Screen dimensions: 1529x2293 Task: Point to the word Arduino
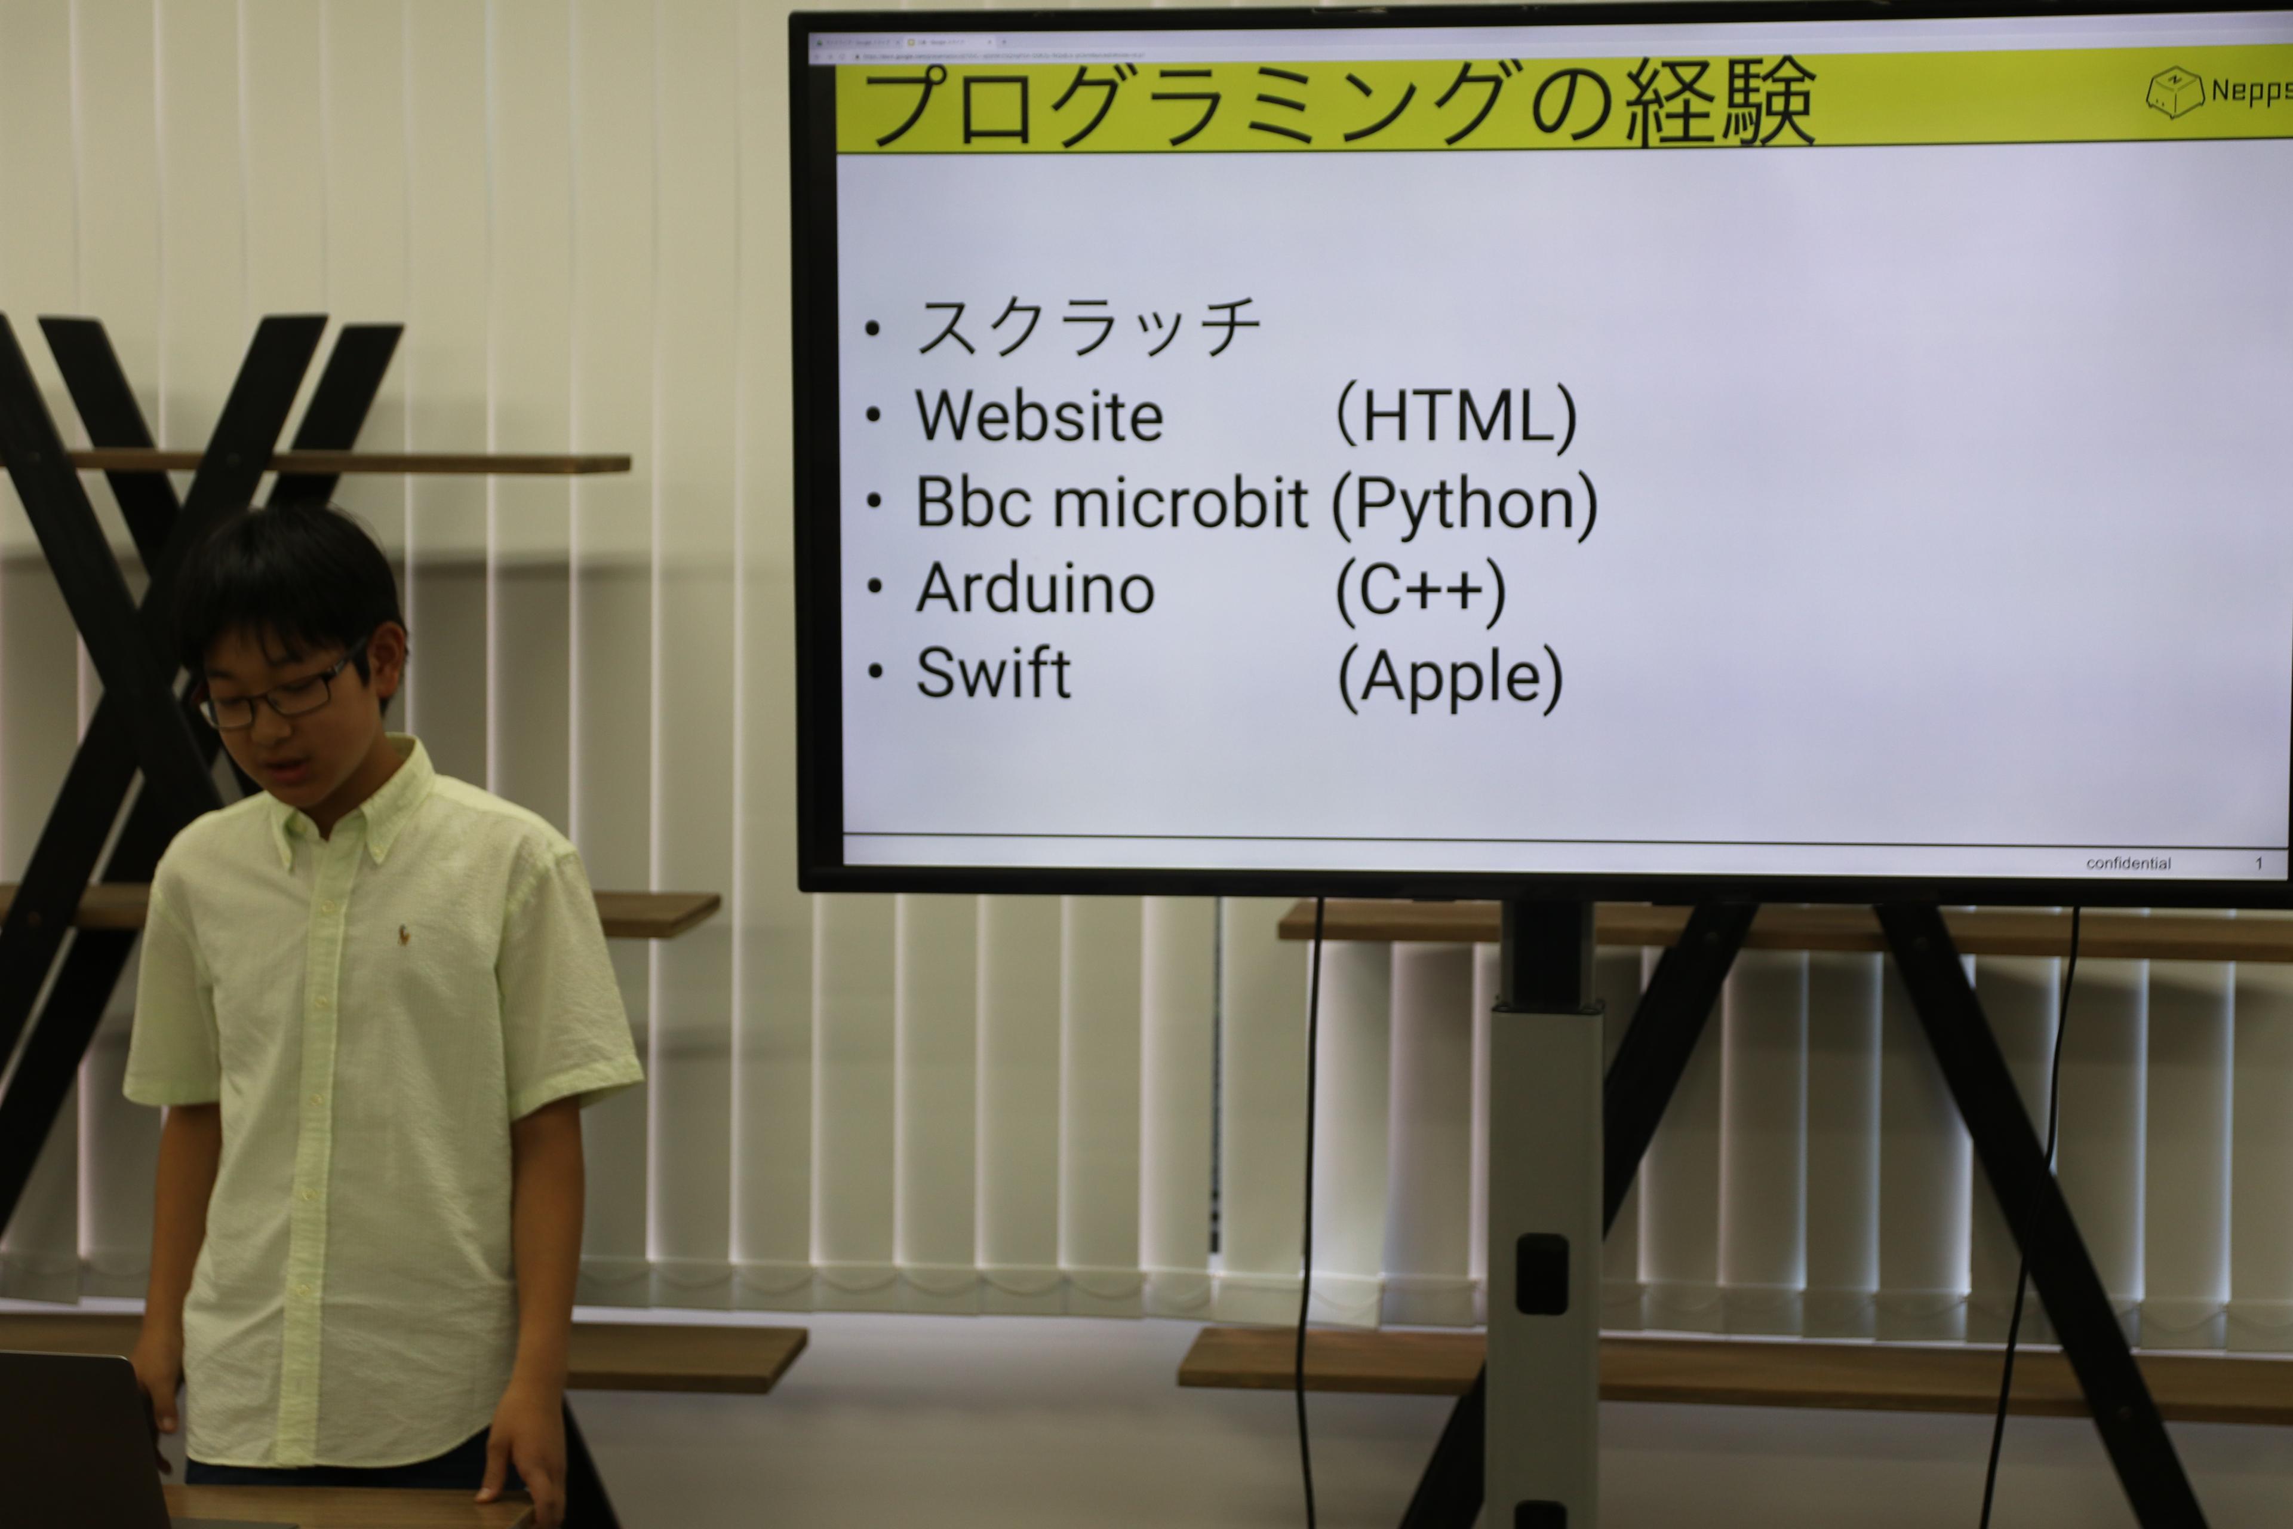1035,589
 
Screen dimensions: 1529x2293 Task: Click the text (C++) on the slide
1421,591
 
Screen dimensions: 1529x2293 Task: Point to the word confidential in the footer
2128,863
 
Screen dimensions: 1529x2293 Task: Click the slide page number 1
2258,863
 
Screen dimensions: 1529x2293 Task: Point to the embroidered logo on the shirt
402,935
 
